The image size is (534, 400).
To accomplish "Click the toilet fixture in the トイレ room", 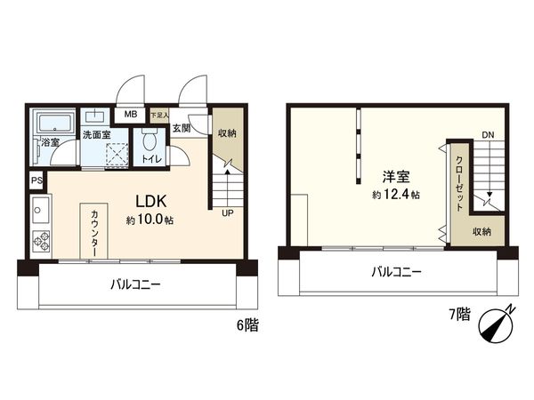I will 150,142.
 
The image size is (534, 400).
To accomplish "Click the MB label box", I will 130,115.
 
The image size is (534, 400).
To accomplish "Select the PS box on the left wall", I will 36,180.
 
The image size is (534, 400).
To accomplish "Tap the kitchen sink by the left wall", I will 38,212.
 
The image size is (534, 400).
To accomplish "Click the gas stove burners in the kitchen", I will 40,241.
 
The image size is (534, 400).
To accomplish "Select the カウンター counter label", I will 95,234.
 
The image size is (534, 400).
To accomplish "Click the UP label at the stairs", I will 228,214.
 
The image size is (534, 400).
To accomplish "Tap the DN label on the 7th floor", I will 487,136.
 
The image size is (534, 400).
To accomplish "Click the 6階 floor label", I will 248,326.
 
